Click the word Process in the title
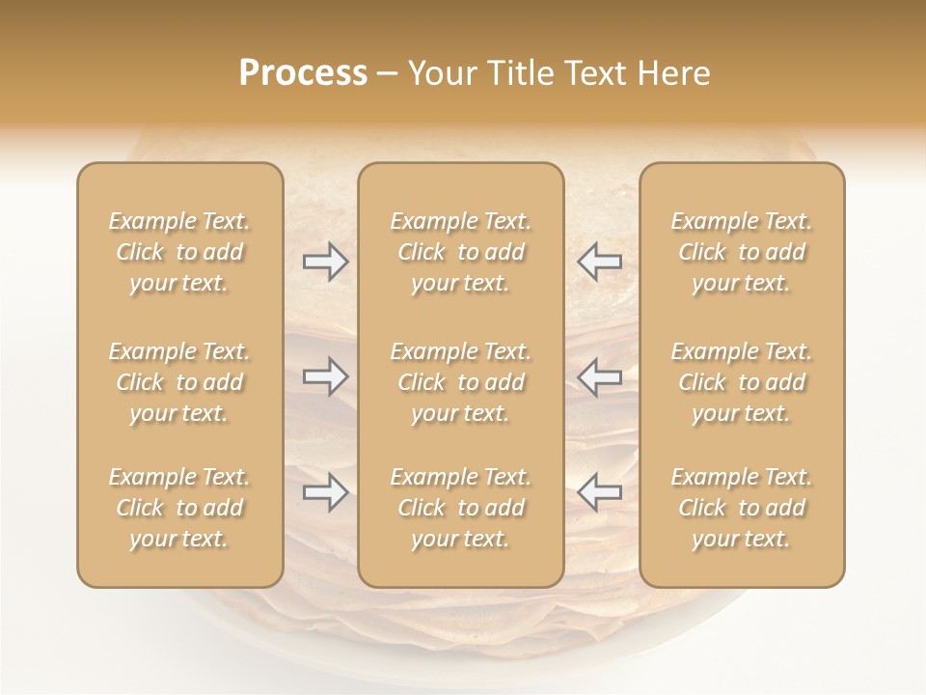(x=303, y=73)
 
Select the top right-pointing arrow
(x=325, y=262)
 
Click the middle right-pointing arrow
(x=325, y=376)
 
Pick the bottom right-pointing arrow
(x=325, y=492)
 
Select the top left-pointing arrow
(x=600, y=262)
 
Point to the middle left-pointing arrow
(x=600, y=376)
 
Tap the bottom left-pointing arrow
(x=600, y=492)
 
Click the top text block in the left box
(x=179, y=252)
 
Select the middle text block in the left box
(x=179, y=382)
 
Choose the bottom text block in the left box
(x=179, y=508)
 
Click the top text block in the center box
(x=461, y=252)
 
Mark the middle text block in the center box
(x=461, y=382)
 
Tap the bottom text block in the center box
(x=461, y=508)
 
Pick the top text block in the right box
(x=742, y=252)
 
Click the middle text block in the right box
(x=742, y=382)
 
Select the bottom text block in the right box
(x=742, y=508)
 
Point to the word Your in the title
(x=440, y=73)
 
